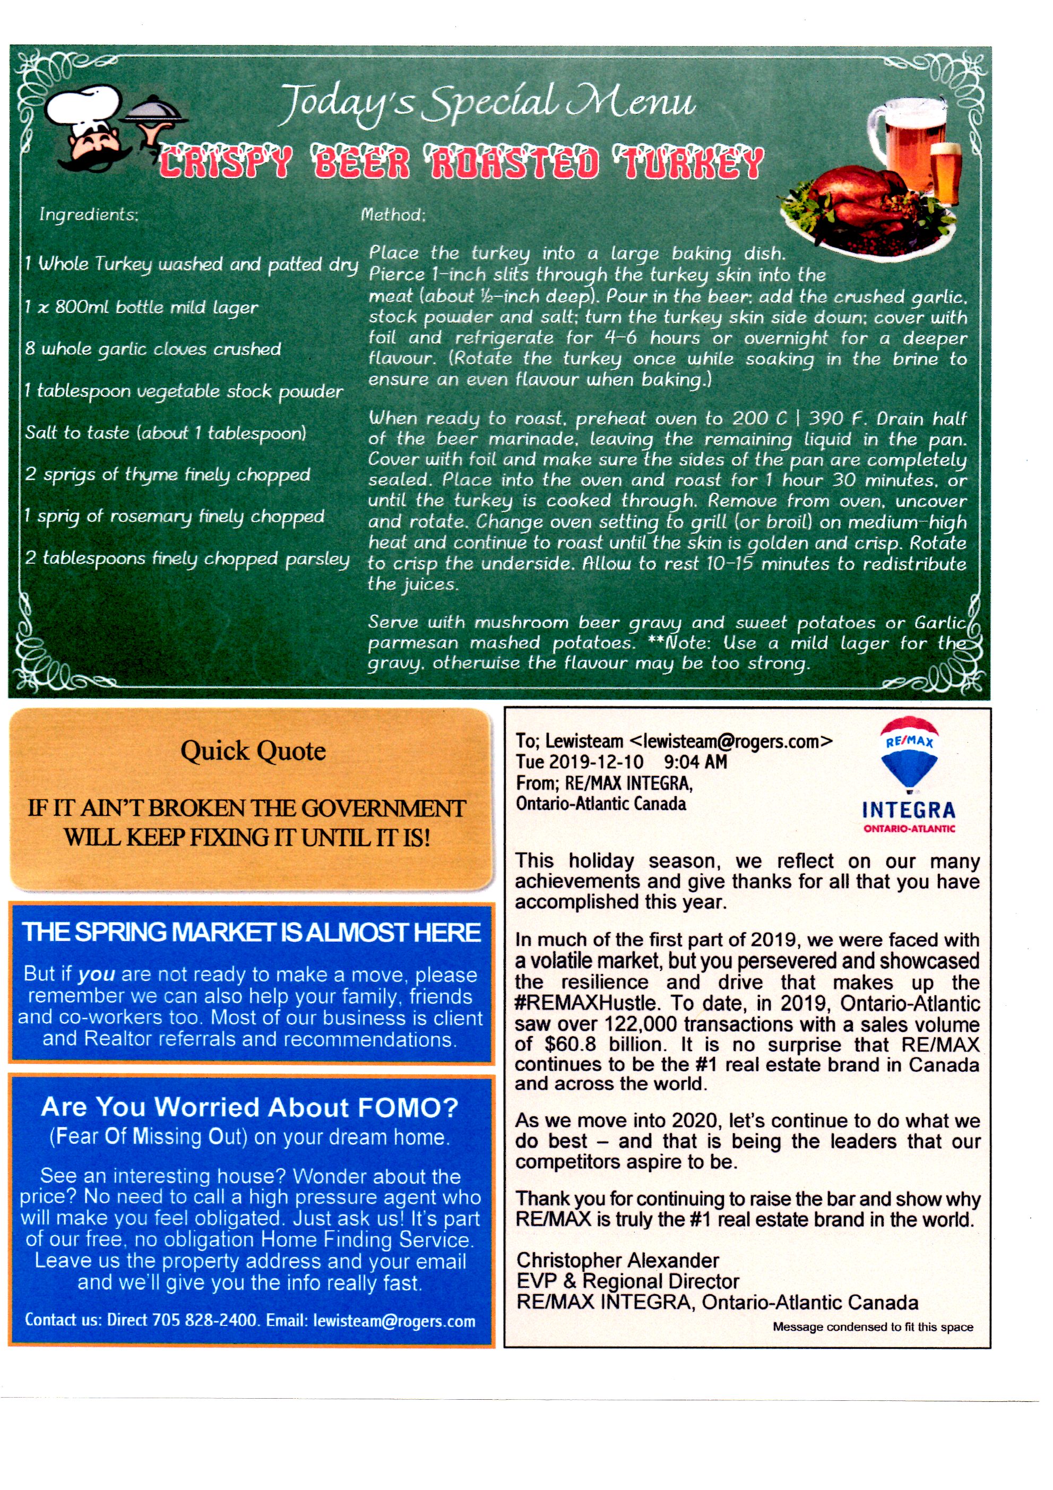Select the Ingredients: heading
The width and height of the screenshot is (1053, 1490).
coord(88,214)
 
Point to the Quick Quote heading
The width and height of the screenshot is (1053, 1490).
coord(253,751)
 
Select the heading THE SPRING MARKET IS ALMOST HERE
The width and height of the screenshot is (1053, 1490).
coord(252,932)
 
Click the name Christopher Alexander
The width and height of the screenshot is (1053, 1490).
coord(617,1260)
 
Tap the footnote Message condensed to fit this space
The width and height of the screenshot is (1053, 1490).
coord(873,1327)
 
